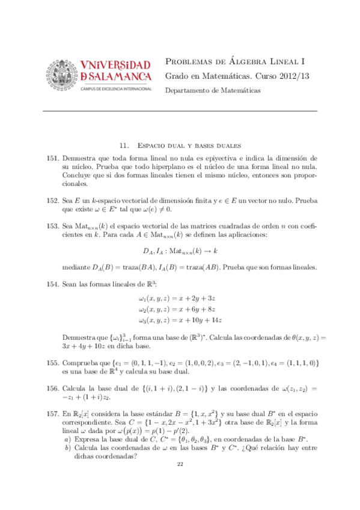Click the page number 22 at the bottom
(180, 481)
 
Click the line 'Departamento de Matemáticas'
(212, 90)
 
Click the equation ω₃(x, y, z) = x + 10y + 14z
(180, 320)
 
